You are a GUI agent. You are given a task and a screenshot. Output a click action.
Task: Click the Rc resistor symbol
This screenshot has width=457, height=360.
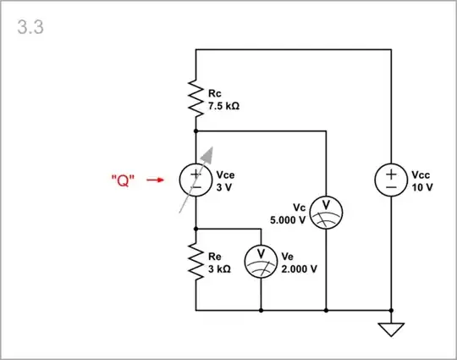195,101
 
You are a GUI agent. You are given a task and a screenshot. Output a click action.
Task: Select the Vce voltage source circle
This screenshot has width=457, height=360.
195,180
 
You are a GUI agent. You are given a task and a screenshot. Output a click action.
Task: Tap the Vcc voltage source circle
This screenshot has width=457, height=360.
391,180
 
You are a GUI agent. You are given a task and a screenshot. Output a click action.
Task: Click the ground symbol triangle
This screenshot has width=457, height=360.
391,328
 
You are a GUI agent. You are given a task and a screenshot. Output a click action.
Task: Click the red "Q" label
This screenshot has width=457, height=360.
124,180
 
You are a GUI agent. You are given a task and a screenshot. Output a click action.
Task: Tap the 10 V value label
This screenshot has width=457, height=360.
422,186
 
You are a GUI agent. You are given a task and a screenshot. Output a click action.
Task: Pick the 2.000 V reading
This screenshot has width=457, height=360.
298,269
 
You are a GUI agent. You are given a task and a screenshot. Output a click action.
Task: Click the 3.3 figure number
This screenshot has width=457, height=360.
30,27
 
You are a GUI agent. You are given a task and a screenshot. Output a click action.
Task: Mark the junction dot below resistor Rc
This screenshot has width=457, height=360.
195,131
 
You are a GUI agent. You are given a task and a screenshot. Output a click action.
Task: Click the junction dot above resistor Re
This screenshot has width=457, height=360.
195,229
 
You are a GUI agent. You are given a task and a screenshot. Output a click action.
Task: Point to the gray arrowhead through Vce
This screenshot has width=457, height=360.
208,153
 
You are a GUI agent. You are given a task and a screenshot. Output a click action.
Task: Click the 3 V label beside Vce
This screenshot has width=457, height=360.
223,187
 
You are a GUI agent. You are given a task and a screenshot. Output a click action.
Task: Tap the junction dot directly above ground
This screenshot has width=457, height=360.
391,310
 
